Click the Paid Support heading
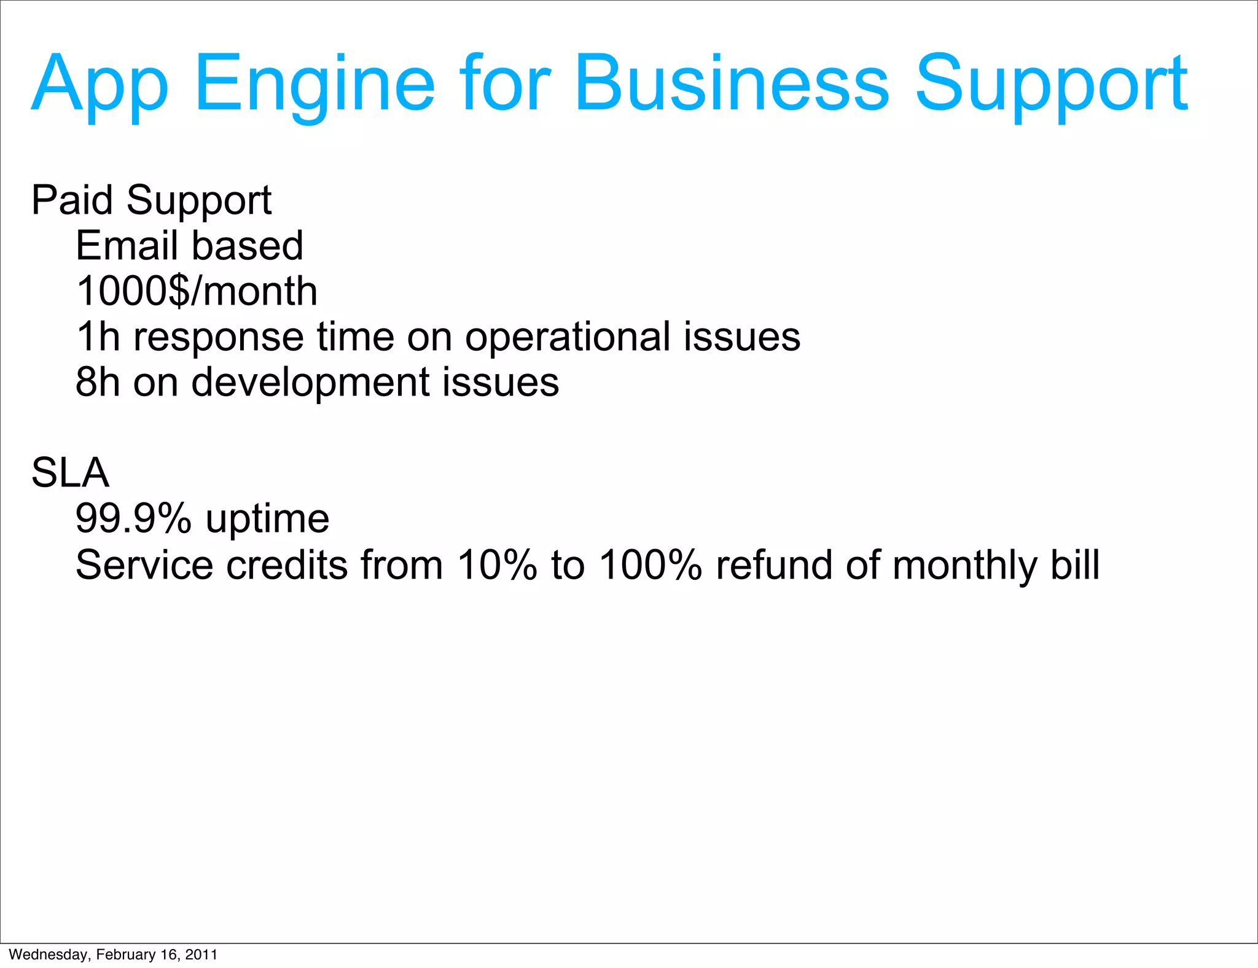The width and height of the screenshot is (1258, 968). pos(151,200)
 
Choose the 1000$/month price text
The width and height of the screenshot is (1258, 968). pos(197,291)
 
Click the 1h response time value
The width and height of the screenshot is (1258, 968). pos(98,337)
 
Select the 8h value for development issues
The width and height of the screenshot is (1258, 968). pos(98,382)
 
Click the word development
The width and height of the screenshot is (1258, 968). pos(310,382)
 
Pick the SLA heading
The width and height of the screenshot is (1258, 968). pos(70,473)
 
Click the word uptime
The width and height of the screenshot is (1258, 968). pos(267,520)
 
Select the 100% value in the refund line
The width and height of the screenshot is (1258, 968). pos(650,564)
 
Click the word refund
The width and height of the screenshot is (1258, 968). pos(773,564)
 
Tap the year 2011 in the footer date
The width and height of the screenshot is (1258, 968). pos(201,954)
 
